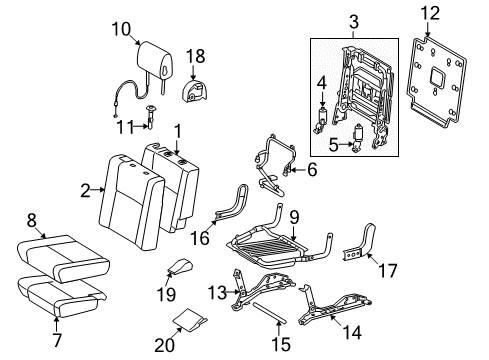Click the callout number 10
(x=121, y=29)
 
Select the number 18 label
(x=195, y=56)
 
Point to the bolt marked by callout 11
(x=151, y=117)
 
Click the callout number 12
(x=430, y=14)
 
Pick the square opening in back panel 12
(x=436, y=76)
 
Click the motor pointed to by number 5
(x=357, y=137)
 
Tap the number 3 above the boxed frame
(x=354, y=22)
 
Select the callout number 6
(x=312, y=170)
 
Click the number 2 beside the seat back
(x=85, y=191)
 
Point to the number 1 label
(x=178, y=132)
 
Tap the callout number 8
(x=32, y=220)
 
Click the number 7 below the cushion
(x=57, y=340)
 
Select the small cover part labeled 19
(x=180, y=267)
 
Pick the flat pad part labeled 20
(x=190, y=320)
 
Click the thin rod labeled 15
(x=269, y=313)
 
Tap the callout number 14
(x=352, y=332)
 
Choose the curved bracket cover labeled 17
(x=360, y=243)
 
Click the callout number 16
(x=200, y=238)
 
